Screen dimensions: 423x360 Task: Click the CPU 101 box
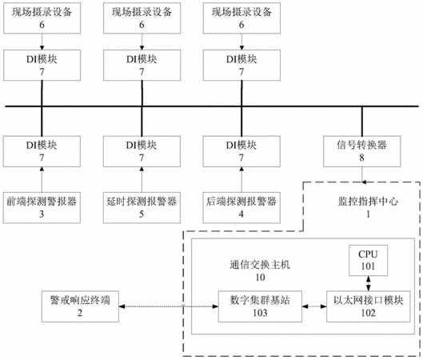click(x=369, y=261)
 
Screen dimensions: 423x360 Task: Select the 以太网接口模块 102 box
click(x=369, y=306)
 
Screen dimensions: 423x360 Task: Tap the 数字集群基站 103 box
click(x=260, y=306)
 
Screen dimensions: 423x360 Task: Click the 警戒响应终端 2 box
click(x=80, y=306)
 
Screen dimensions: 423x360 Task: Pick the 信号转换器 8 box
click(x=362, y=151)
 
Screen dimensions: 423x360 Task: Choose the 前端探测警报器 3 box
click(x=42, y=207)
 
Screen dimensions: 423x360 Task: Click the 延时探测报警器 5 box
click(x=142, y=207)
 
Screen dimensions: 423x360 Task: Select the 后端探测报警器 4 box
click(x=241, y=207)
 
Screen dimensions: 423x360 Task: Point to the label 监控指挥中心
click(x=368, y=202)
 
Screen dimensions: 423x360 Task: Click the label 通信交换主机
click(x=260, y=265)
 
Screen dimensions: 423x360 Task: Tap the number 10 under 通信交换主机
click(x=260, y=277)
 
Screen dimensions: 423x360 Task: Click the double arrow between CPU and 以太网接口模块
click(x=369, y=283)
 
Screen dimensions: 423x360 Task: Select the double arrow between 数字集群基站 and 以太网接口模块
click(x=314, y=306)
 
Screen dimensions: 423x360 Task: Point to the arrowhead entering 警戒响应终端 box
click(x=122, y=306)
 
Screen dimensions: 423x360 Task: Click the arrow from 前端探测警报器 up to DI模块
click(x=42, y=179)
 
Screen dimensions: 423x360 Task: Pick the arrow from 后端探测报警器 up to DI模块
click(x=241, y=179)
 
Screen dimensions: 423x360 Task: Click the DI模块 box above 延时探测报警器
click(x=142, y=151)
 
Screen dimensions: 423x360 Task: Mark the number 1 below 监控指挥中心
click(x=368, y=214)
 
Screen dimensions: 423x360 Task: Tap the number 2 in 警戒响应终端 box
click(x=80, y=313)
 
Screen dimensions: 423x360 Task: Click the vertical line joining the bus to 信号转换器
click(x=362, y=121)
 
